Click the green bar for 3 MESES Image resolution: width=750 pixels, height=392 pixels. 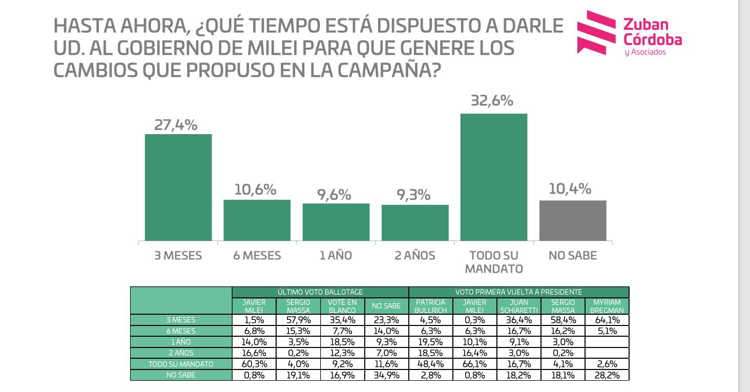178,187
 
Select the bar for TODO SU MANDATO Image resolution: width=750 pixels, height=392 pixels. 494,177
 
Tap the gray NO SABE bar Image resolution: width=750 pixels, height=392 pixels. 573,221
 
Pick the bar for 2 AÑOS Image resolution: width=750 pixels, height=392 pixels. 415,223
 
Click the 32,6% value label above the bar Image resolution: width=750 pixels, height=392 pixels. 492,101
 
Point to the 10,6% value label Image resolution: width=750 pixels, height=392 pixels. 255,190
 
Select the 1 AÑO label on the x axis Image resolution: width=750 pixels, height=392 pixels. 336,255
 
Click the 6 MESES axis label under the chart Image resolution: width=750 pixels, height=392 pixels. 257,255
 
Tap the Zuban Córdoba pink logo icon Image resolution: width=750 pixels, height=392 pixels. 596,32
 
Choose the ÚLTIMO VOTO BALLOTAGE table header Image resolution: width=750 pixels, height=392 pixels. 320,292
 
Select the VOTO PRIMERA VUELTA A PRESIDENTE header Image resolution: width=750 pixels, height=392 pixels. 518,292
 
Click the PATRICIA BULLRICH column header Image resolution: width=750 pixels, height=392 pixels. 431,306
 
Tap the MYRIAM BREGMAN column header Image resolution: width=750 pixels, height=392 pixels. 607,306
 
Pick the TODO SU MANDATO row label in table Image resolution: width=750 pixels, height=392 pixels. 181,364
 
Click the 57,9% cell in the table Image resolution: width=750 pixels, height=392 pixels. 298,320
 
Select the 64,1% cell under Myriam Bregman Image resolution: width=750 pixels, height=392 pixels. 607,320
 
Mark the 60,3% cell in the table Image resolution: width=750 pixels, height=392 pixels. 254,364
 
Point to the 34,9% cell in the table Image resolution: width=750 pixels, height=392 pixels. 386,375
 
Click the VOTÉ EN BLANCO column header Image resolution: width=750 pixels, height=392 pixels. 342,306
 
